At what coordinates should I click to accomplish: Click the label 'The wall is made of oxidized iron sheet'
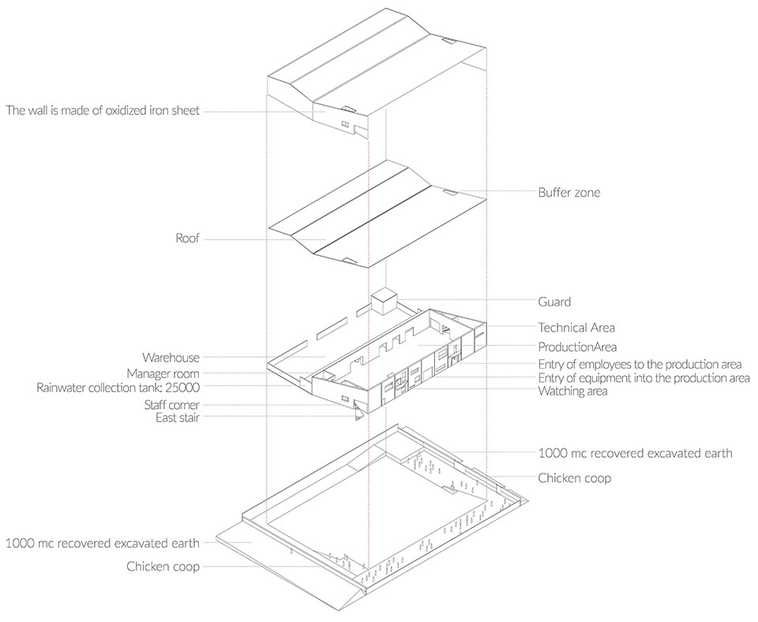[x=103, y=111]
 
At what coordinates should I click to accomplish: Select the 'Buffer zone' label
[x=569, y=193]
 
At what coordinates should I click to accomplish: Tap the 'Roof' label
[x=188, y=238]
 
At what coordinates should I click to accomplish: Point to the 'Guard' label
[x=554, y=302]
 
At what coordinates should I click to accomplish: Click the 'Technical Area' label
[x=576, y=328]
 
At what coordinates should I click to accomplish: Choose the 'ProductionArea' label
[x=577, y=347]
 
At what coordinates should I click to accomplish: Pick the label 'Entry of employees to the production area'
[x=640, y=364]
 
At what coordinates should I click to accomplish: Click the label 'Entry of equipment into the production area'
[x=644, y=377]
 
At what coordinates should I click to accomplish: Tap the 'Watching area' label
[x=572, y=391]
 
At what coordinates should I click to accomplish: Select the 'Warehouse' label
[x=171, y=358]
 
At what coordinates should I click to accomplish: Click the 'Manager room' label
[x=163, y=373]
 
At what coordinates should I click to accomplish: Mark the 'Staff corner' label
[x=171, y=405]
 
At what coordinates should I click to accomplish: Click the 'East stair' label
[x=178, y=418]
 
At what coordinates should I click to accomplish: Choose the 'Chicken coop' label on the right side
[x=574, y=478]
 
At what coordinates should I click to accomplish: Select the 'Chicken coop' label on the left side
[x=163, y=567]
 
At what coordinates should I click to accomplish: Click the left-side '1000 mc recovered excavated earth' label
[x=103, y=543]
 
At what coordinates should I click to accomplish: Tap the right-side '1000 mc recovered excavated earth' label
[x=635, y=453]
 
